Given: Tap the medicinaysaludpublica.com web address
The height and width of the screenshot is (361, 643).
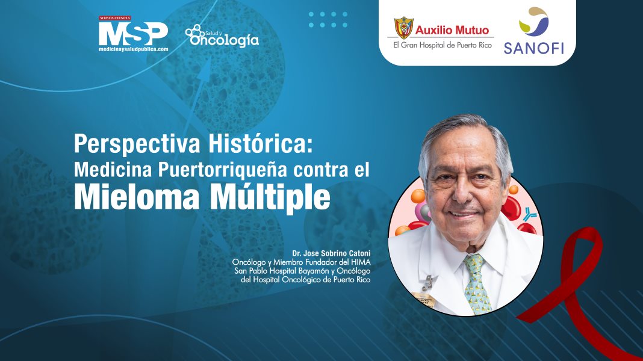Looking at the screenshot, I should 133,49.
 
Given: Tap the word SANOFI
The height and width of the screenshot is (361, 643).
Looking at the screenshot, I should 533,48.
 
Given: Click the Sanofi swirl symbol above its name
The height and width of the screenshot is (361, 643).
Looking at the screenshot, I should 533,22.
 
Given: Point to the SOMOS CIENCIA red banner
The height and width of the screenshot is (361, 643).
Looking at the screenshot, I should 115,19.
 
